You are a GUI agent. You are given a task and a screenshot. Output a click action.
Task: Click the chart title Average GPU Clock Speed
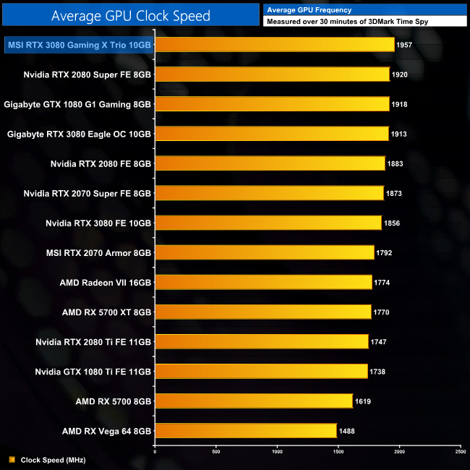coord(131,15)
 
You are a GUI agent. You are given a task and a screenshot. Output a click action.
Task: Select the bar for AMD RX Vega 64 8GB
coord(246,431)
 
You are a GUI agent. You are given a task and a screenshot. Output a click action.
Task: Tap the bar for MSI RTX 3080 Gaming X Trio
coord(275,45)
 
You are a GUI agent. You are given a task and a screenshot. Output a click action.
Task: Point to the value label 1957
coord(406,45)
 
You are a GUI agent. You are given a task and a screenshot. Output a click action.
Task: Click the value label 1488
coord(348,431)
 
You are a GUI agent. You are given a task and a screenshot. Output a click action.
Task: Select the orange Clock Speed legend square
coord(11,459)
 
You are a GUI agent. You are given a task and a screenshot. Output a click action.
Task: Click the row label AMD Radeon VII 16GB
coord(106,282)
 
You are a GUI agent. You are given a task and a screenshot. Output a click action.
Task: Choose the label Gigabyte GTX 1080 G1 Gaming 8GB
coord(77,104)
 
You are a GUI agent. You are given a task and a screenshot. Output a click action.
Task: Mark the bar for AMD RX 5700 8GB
coord(254,401)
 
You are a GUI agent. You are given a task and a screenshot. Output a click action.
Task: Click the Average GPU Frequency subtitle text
coord(309,10)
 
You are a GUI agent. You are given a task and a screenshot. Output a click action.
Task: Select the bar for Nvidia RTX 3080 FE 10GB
coord(268,223)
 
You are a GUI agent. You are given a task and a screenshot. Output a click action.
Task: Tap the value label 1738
coord(378,372)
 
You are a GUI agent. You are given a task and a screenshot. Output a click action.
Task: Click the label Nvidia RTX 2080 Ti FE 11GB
coord(93,341)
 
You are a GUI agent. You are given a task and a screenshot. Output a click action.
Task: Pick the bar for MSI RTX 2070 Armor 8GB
coord(265,252)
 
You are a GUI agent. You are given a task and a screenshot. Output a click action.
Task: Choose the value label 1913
coord(400,134)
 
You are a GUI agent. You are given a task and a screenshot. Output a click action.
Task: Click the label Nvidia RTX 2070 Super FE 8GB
coord(87,193)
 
